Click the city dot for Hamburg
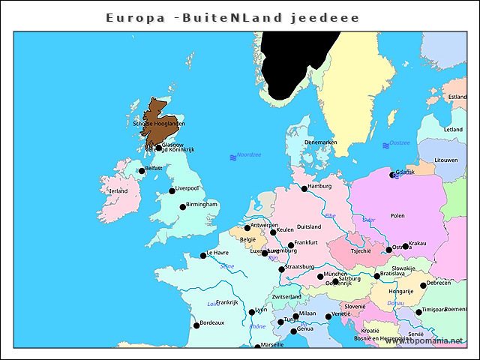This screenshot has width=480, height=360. pyautogui.click(x=304, y=188)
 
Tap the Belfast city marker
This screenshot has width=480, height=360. pyautogui.click(x=142, y=171)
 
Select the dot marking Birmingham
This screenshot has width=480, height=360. pyautogui.click(x=182, y=207)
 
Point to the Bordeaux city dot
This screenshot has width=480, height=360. pyautogui.click(x=196, y=325)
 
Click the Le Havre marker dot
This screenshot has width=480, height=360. pyautogui.click(x=202, y=256)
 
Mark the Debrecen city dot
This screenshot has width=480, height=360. pyautogui.click(x=423, y=285)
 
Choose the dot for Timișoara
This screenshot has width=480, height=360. pyautogui.click(x=418, y=312)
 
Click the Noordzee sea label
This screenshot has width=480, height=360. pyautogui.click(x=248, y=155)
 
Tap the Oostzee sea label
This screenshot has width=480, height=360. pyautogui.click(x=400, y=142)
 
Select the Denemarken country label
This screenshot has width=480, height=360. pyautogui.click(x=320, y=142)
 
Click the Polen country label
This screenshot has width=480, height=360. pyautogui.click(x=397, y=215)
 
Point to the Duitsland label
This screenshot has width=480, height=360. pyautogui.click(x=309, y=226)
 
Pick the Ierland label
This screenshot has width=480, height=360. pyautogui.click(x=118, y=190)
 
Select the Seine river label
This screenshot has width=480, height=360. pyautogui.click(x=227, y=266)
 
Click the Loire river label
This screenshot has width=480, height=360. pyautogui.click(x=214, y=304)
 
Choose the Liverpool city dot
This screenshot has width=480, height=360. pyautogui.click(x=172, y=190)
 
